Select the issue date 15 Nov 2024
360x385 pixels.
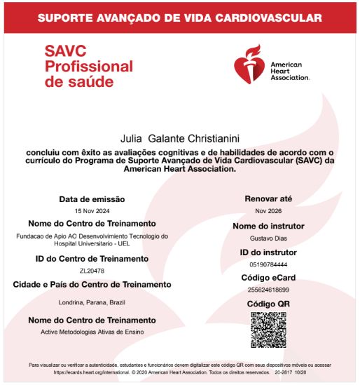coord(92,210)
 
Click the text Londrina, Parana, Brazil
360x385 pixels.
coord(92,302)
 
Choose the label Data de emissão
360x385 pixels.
coord(92,199)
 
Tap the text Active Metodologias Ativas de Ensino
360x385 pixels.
coord(92,331)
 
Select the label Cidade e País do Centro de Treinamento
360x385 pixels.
coord(92,284)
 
